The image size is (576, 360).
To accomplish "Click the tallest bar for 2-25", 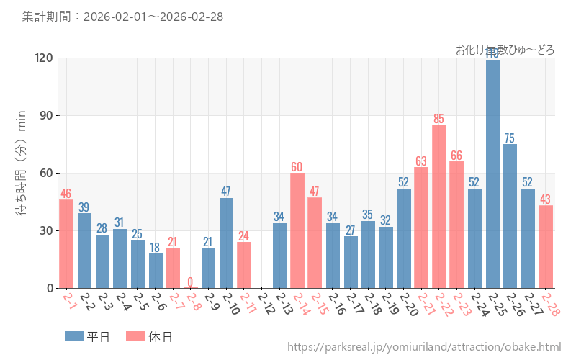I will (x=492, y=173).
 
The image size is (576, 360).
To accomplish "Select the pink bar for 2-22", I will (x=439, y=207).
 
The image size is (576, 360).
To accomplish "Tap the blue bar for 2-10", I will (x=226, y=243).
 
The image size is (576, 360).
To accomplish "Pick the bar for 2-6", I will (x=156, y=271).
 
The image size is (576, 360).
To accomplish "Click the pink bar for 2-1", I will (x=66, y=244).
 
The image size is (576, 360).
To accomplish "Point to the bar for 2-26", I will (x=510, y=216).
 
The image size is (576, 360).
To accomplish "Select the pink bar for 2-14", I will (x=297, y=230).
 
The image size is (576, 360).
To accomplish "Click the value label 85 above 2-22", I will (x=439, y=118).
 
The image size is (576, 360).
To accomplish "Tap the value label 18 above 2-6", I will (x=156, y=247).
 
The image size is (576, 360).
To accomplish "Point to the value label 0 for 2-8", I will (x=191, y=282).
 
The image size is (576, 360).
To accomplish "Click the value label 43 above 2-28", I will (x=546, y=199).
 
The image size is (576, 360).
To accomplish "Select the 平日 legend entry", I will (x=87, y=336).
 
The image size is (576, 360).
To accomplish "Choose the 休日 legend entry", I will (x=148, y=336).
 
